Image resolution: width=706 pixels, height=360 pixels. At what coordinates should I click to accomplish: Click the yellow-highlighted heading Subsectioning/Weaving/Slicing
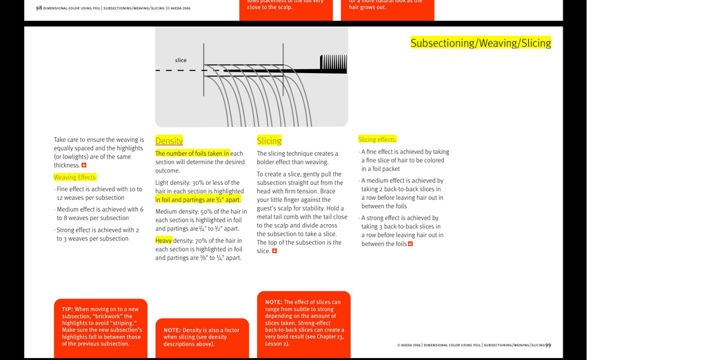tap(481, 43)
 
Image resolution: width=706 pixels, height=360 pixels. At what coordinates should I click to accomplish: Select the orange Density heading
tap(169, 141)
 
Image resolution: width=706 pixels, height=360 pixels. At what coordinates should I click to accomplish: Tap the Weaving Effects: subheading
tap(75, 177)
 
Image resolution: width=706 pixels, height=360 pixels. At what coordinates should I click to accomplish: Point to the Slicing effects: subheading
tap(377, 139)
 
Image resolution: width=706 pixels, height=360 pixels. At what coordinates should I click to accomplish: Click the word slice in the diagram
tap(181, 60)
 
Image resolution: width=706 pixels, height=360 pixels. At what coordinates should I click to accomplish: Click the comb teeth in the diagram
tap(334, 64)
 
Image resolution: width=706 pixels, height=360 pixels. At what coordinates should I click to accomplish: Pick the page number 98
tap(39, 8)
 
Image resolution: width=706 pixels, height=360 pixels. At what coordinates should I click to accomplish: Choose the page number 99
tap(548, 345)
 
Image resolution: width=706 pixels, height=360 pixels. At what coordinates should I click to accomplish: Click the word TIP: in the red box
tap(68, 309)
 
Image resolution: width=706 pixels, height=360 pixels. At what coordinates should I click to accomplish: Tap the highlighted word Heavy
tap(163, 241)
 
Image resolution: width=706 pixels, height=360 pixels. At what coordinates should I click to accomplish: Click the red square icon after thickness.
tap(84, 166)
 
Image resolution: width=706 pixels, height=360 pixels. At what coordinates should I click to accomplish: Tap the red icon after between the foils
tap(411, 244)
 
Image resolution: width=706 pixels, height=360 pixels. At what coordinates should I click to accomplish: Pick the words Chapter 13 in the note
tap(329, 337)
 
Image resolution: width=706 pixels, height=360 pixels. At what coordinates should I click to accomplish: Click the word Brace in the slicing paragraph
tap(328, 191)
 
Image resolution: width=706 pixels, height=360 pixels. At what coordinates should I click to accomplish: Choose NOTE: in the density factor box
tap(172, 330)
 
